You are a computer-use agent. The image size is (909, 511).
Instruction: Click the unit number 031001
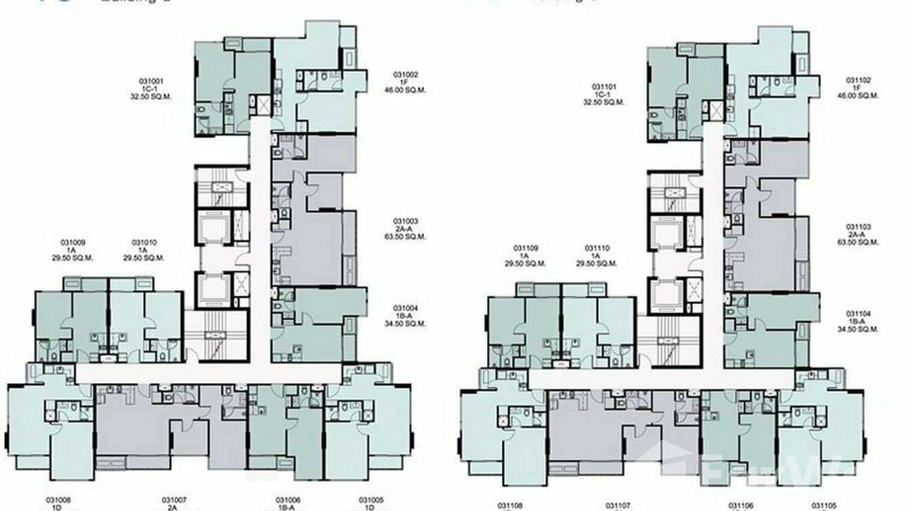151,81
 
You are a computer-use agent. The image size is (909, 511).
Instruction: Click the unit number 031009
72,242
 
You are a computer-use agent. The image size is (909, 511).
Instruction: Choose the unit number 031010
144,242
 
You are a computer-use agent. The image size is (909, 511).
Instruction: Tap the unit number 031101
604,87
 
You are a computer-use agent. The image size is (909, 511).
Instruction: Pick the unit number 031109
526,248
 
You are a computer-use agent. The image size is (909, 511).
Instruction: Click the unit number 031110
597,248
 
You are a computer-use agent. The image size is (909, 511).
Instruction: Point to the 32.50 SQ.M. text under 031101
604,102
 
